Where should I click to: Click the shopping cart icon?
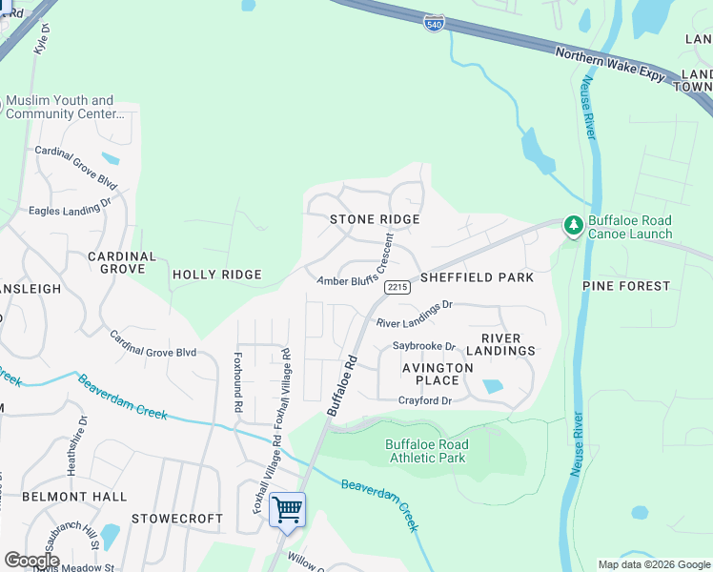tap(287, 510)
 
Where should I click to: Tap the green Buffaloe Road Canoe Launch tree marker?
tap(573, 226)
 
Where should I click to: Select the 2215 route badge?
tap(397, 287)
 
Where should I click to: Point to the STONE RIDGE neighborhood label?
tap(375, 219)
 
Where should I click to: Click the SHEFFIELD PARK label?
tap(477, 277)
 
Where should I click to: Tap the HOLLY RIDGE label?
tap(216, 275)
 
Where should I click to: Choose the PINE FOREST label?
tap(628, 285)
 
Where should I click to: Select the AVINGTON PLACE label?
tap(437, 374)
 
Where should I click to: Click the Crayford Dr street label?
tap(424, 401)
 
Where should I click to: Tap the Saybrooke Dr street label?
tap(424, 346)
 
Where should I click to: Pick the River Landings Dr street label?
tap(413, 323)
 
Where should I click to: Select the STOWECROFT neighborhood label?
tap(176, 520)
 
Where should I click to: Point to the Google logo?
tap(31, 560)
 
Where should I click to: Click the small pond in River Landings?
tap(493, 386)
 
